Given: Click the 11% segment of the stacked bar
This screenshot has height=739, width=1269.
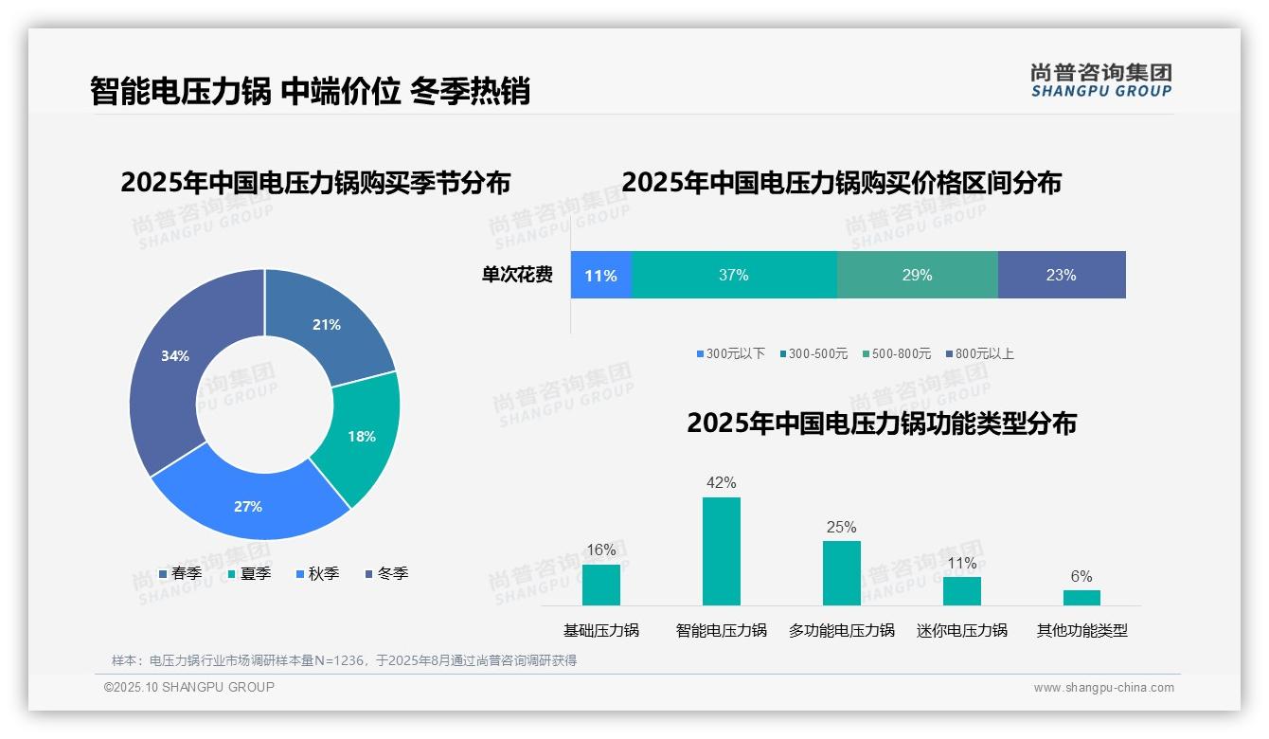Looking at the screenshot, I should point(600,276).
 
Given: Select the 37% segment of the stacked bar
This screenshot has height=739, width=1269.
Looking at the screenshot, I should point(734,276).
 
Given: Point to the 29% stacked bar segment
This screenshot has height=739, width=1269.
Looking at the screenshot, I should point(917,276).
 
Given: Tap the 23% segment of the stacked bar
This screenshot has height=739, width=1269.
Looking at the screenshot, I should point(1061,276).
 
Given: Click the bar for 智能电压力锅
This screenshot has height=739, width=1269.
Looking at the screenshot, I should point(721,551).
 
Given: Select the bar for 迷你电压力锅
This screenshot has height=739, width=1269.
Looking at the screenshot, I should point(961,591).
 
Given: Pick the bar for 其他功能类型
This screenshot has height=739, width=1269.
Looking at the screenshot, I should point(1081,598).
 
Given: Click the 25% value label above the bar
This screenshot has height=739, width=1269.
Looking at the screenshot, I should point(841,528).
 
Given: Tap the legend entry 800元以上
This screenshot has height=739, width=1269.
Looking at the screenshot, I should point(980,354).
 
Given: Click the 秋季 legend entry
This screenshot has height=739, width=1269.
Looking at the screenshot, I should point(318,574).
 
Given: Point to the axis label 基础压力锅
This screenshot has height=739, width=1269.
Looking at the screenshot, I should point(601,630).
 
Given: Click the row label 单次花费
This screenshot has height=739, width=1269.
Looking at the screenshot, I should point(517,276).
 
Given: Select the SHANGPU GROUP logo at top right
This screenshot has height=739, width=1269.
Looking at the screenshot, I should point(1100,80).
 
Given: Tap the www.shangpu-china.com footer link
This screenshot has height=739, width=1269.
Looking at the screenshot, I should point(1103,688).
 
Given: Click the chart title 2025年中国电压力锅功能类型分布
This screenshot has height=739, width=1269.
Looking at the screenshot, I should point(881,424).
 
